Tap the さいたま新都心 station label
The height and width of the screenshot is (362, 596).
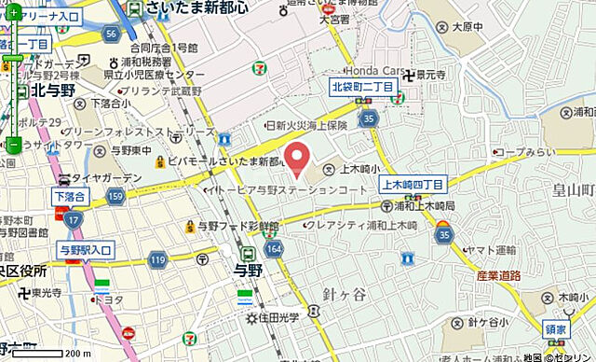pyautogui.click(x=197, y=8)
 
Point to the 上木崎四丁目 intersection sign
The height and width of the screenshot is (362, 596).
pyautogui.click(x=413, y=185)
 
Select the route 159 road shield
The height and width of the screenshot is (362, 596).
pyautogui.click(x=115, y=197)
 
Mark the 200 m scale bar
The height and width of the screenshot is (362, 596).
pyautogui.click(x=42, y=353)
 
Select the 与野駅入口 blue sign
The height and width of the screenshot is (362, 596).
pyautogui.click(x=84, y=249)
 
